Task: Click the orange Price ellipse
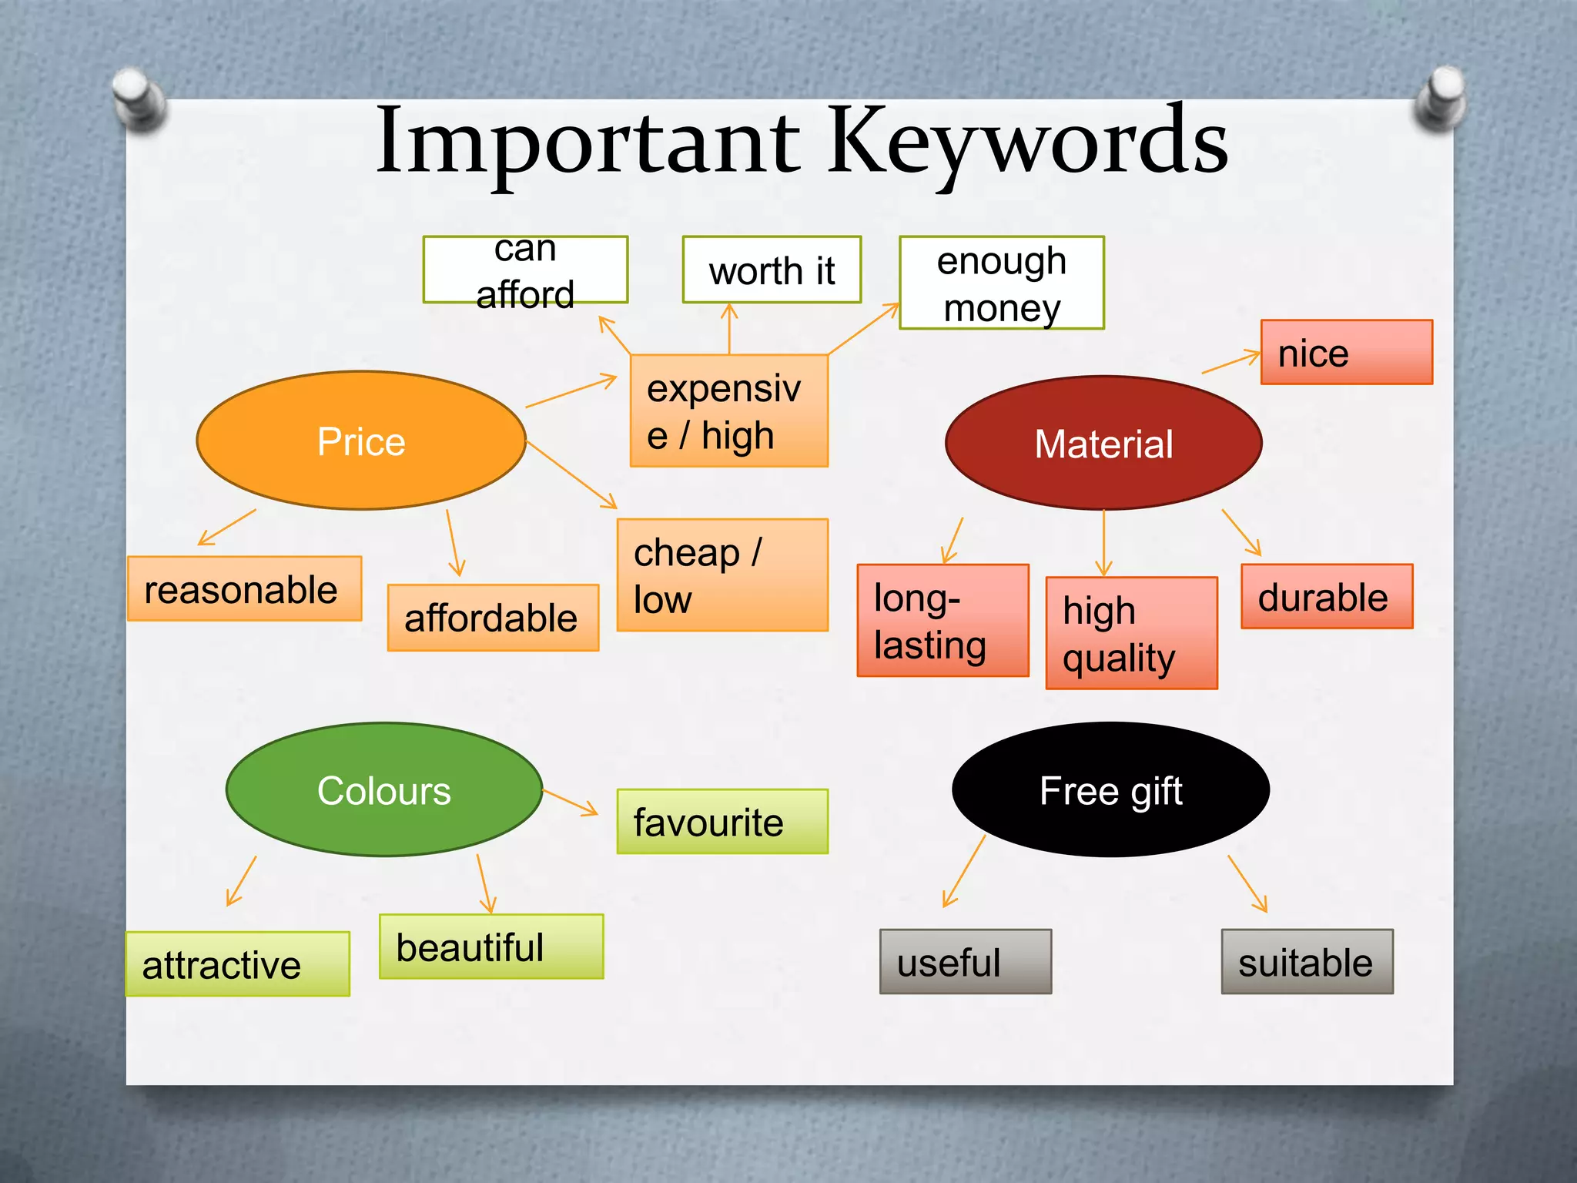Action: (361, 441)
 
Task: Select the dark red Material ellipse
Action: (1103, 443)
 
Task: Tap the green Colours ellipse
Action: (384, 789)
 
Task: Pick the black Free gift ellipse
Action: (1110, 789)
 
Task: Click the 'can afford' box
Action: (525, 270)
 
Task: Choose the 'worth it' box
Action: (772, 270)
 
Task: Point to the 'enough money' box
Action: (1001, 283)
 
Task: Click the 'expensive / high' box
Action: (728, 411)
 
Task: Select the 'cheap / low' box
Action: (722, 575)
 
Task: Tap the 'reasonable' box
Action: (244, 588)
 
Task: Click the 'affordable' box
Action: (493, 618)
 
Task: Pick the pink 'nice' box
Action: (1346, 352)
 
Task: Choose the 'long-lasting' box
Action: (943, 620)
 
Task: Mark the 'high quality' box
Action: (1131, 632)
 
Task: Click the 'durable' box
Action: (1326, 596)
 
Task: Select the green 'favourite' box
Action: (722, 821)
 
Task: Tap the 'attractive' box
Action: (237, 963)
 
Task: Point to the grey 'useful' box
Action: (965, 961)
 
